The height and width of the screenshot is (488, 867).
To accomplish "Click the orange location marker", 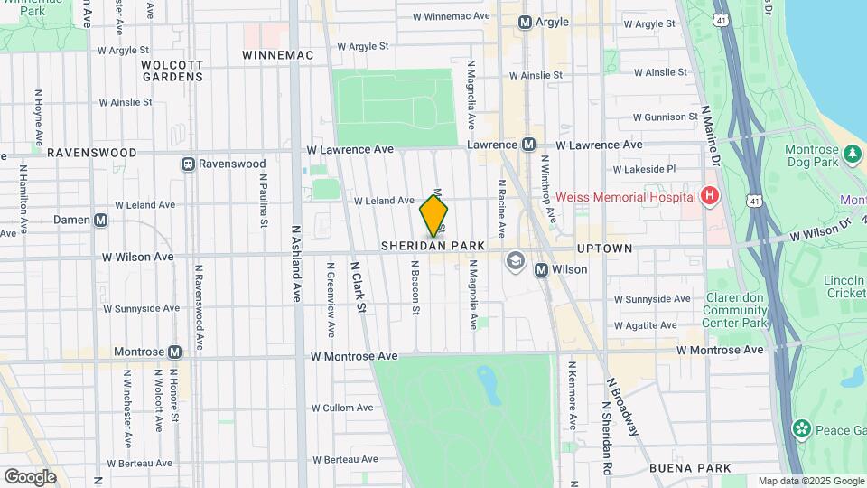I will click(x=433, y=217).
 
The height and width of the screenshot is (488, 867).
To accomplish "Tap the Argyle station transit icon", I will click(x=525, y=22).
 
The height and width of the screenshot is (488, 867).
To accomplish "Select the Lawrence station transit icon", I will click(x=530, y=145).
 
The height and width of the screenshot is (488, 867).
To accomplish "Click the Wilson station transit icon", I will click(x=542, y=269).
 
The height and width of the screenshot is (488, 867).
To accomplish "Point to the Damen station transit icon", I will click(x=101, y=220).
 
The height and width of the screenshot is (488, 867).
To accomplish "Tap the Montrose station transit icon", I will click(x=175, y=352).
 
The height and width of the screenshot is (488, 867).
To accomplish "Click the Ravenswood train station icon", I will click(x=189, y=164).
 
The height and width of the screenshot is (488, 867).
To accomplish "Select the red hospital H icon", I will click(x=710, y=196).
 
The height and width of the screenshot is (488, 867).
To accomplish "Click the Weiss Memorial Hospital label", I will click(x=625, y=197).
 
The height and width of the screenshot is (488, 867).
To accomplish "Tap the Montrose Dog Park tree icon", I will click(x=852, y=155).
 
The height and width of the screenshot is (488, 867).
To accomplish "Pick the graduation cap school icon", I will click(x=515, y=262).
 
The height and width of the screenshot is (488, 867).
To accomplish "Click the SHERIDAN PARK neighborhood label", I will click(x=433, y=246).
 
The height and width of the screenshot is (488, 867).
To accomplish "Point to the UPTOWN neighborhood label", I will click(x=605, y=247).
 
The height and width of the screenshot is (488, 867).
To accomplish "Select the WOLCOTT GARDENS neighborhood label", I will click(x=172, y=70).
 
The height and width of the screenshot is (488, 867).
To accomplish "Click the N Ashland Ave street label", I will click(x=295, y=267).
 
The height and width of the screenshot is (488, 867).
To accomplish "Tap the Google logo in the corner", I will click(x=30, y=477).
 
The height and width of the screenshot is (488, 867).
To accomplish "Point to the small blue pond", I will click(x=489, y=385).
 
